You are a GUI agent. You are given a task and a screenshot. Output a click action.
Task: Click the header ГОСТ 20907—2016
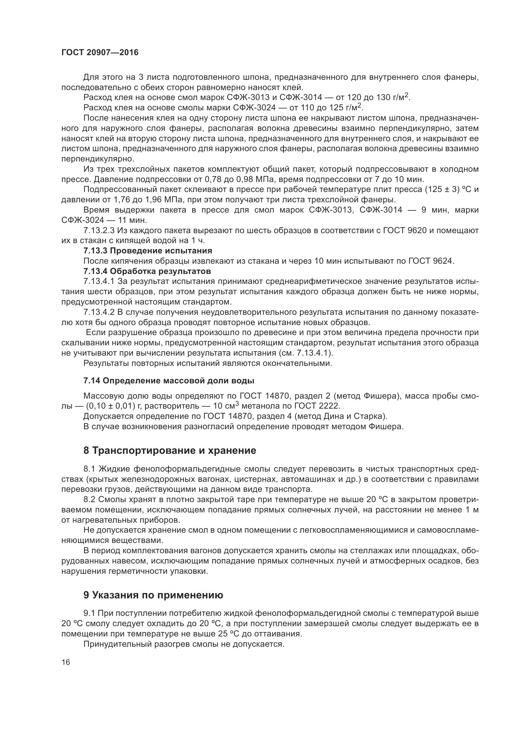100,52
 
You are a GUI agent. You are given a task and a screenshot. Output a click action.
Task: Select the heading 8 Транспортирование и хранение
170,450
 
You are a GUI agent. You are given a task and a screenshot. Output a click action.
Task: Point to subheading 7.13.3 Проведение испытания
148,251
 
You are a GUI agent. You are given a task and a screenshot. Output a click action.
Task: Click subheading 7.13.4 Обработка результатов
147,271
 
